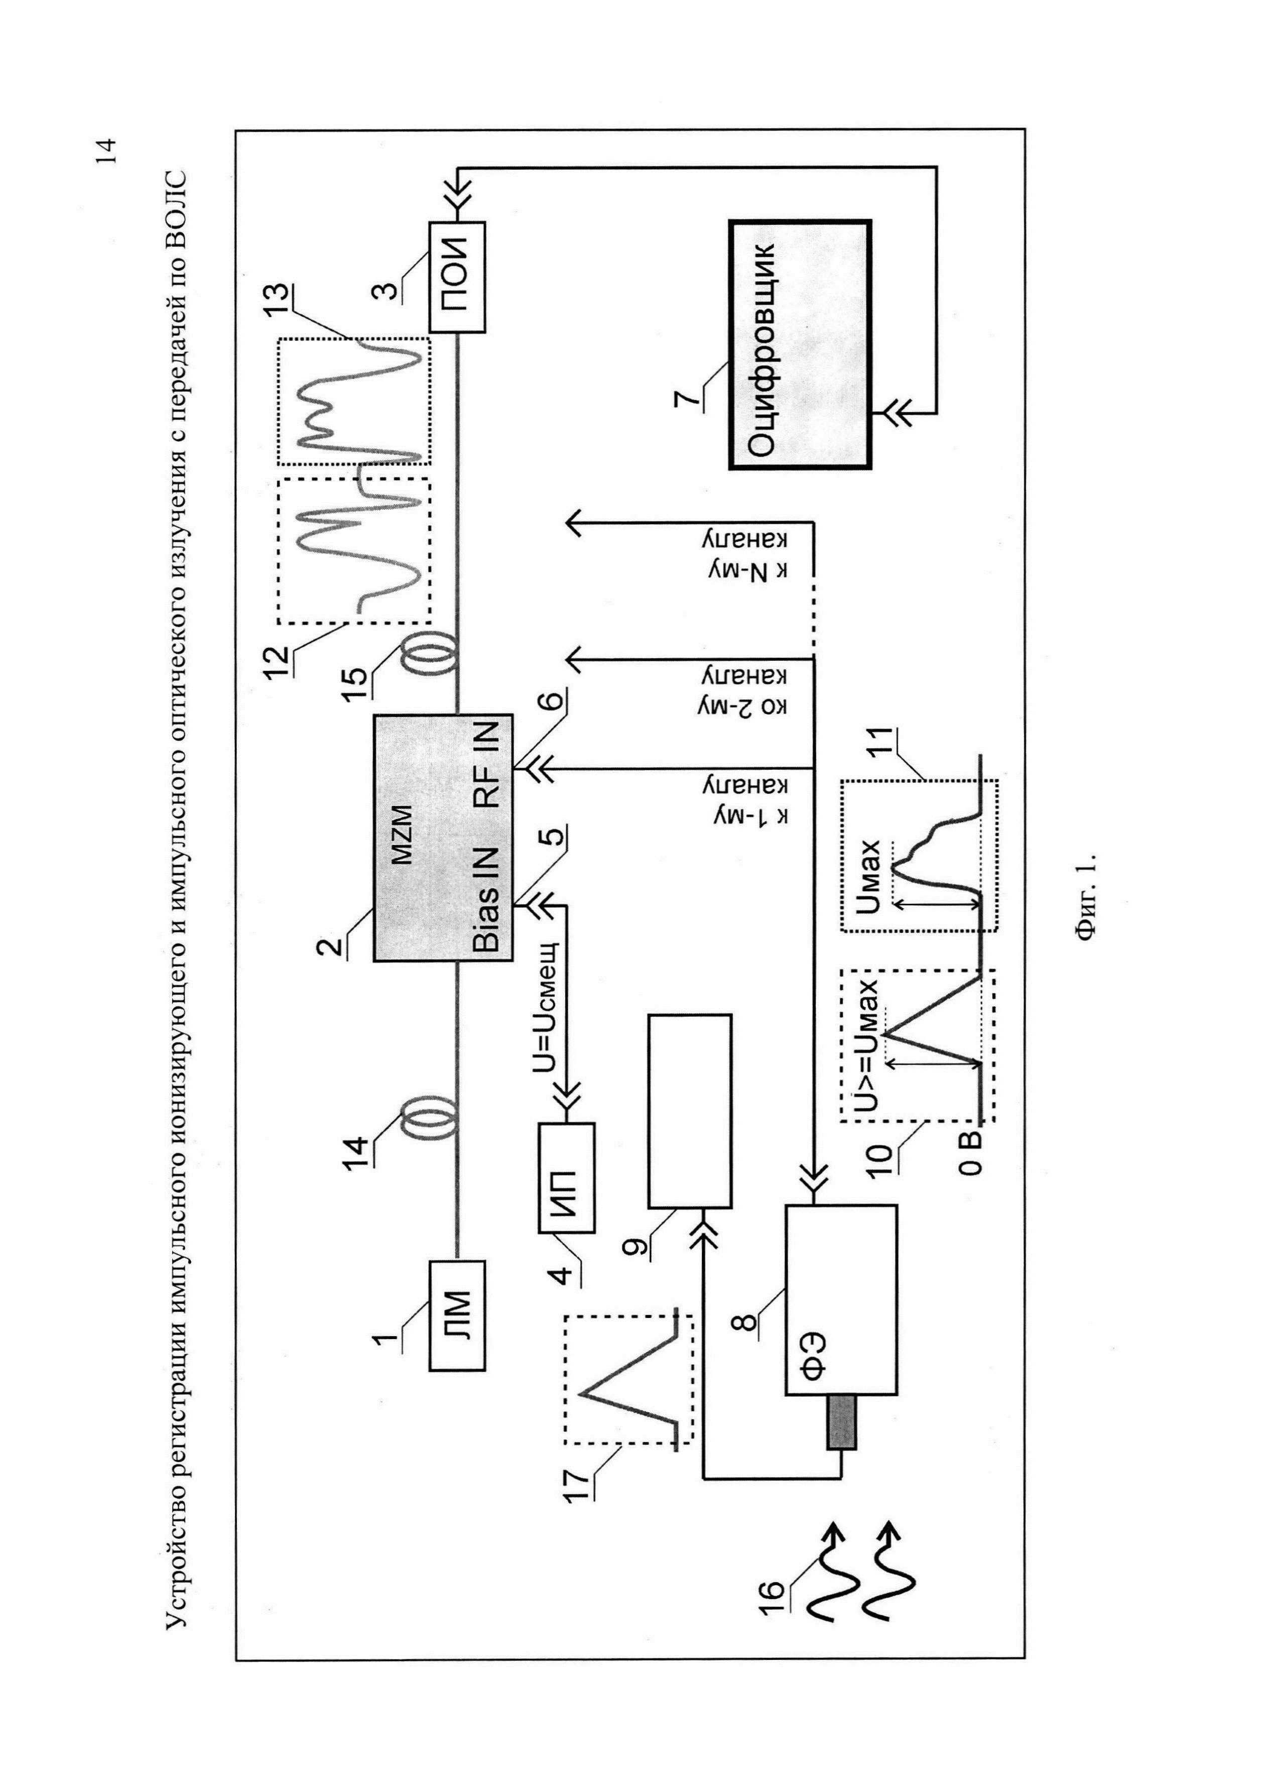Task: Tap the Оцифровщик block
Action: (x=800, y=345)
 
